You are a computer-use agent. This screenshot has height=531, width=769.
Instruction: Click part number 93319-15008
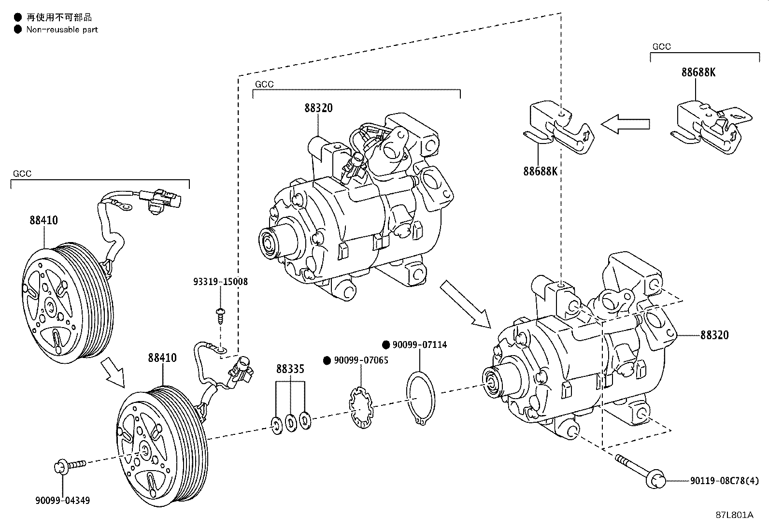(220, 282)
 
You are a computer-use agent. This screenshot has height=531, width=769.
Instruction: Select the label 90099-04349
(63, 501)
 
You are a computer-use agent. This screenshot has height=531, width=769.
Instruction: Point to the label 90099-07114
(419, 345)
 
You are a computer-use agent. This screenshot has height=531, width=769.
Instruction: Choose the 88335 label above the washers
(290, 369)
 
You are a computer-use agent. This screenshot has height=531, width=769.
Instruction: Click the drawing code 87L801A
(734, 515)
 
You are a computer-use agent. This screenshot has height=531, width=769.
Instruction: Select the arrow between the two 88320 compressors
(465, 303)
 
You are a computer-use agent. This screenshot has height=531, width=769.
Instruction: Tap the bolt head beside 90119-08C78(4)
(657, 480)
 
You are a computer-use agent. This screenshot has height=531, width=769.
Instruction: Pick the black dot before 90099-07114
(386, 345)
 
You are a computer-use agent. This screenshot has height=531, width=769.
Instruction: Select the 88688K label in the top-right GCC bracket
(698, 72)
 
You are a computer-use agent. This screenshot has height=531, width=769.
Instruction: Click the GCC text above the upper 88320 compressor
(264, 85)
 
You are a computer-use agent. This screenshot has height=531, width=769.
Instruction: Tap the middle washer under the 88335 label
(291, 423)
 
